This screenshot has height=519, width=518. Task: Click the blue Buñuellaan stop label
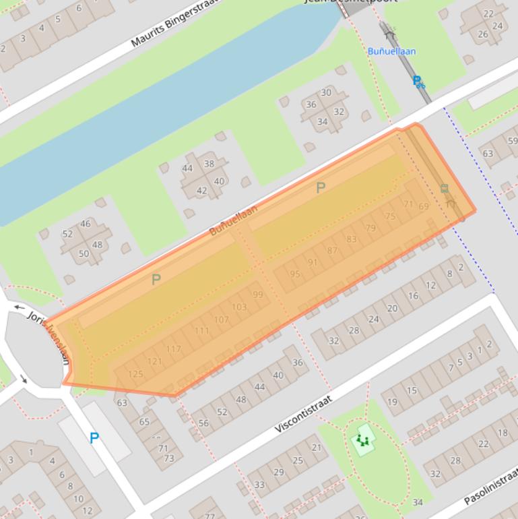[391, 51]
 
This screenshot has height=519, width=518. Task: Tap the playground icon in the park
[364, 441]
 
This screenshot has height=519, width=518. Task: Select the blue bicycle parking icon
[418, 82]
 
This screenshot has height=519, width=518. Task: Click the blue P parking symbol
[94, 439]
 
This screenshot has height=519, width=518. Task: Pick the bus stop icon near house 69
[445, 189]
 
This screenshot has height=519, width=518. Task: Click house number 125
[135, 374]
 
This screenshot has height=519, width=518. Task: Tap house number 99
[258, 295]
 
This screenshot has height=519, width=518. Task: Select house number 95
[295, 274]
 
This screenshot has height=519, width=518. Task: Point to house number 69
[424, 206]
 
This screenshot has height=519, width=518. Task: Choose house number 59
[513, 141]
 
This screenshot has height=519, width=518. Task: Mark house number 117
[173, 349]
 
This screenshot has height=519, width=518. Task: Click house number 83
[352, 239]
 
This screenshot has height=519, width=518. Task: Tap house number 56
[203, 423]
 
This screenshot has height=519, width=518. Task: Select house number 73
[168, 458]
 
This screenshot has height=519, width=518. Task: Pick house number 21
[317, 447]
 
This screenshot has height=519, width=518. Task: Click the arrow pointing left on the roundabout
[18, 307]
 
